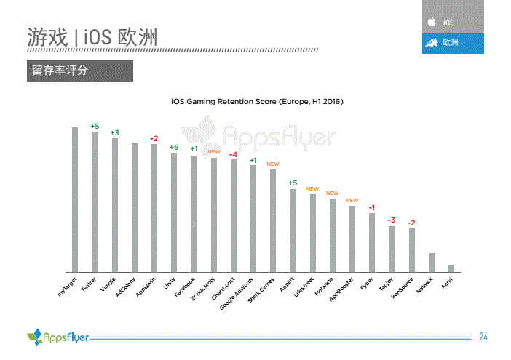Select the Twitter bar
(x=95, y=201)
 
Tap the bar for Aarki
(x=451, y=267)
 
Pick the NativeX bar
(x=432, y=261)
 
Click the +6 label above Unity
(x=174, y=148)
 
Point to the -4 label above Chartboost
(x=234, y=154)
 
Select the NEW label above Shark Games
(x=273, y=164)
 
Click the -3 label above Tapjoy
(x=392, y=220)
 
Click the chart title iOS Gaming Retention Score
(x=256, y=101)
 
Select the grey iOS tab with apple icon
(x=453, y=22)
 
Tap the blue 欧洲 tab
(x=453, y=43)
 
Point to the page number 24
(x=483, y=336)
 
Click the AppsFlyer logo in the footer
(x=58, y=337)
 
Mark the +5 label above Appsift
(x=293, y=183)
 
